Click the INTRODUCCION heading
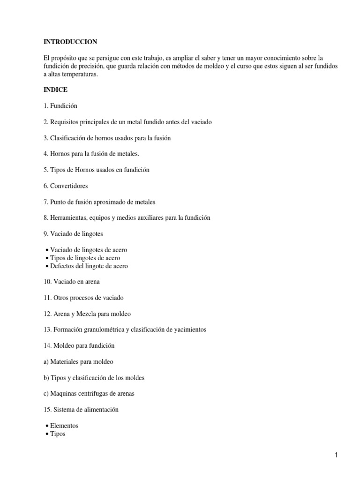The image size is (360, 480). pyautogui.click(x=70, y=42)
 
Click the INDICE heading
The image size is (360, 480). pyautogui.click(x=55, y=90)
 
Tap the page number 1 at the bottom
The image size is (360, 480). pyautogui.click(x=337, y=455)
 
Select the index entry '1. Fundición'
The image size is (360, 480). pyautogui.click(x=60, y=106)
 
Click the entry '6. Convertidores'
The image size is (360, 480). pyautogui.click(x=66, y=186)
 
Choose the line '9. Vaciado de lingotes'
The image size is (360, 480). pyautogui.click(x=73, y=233)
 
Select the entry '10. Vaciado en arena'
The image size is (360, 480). pyautogui.click(x=71, y=282)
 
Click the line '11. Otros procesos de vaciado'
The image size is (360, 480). pyautogui.click(x=83, y=298)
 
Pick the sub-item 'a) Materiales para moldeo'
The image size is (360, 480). pyautogui.click(x=78, y=361)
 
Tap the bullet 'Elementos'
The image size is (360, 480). pyautogui.click(x=64, y=426)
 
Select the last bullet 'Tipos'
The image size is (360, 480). pyautogui.click(x=58, y=434)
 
